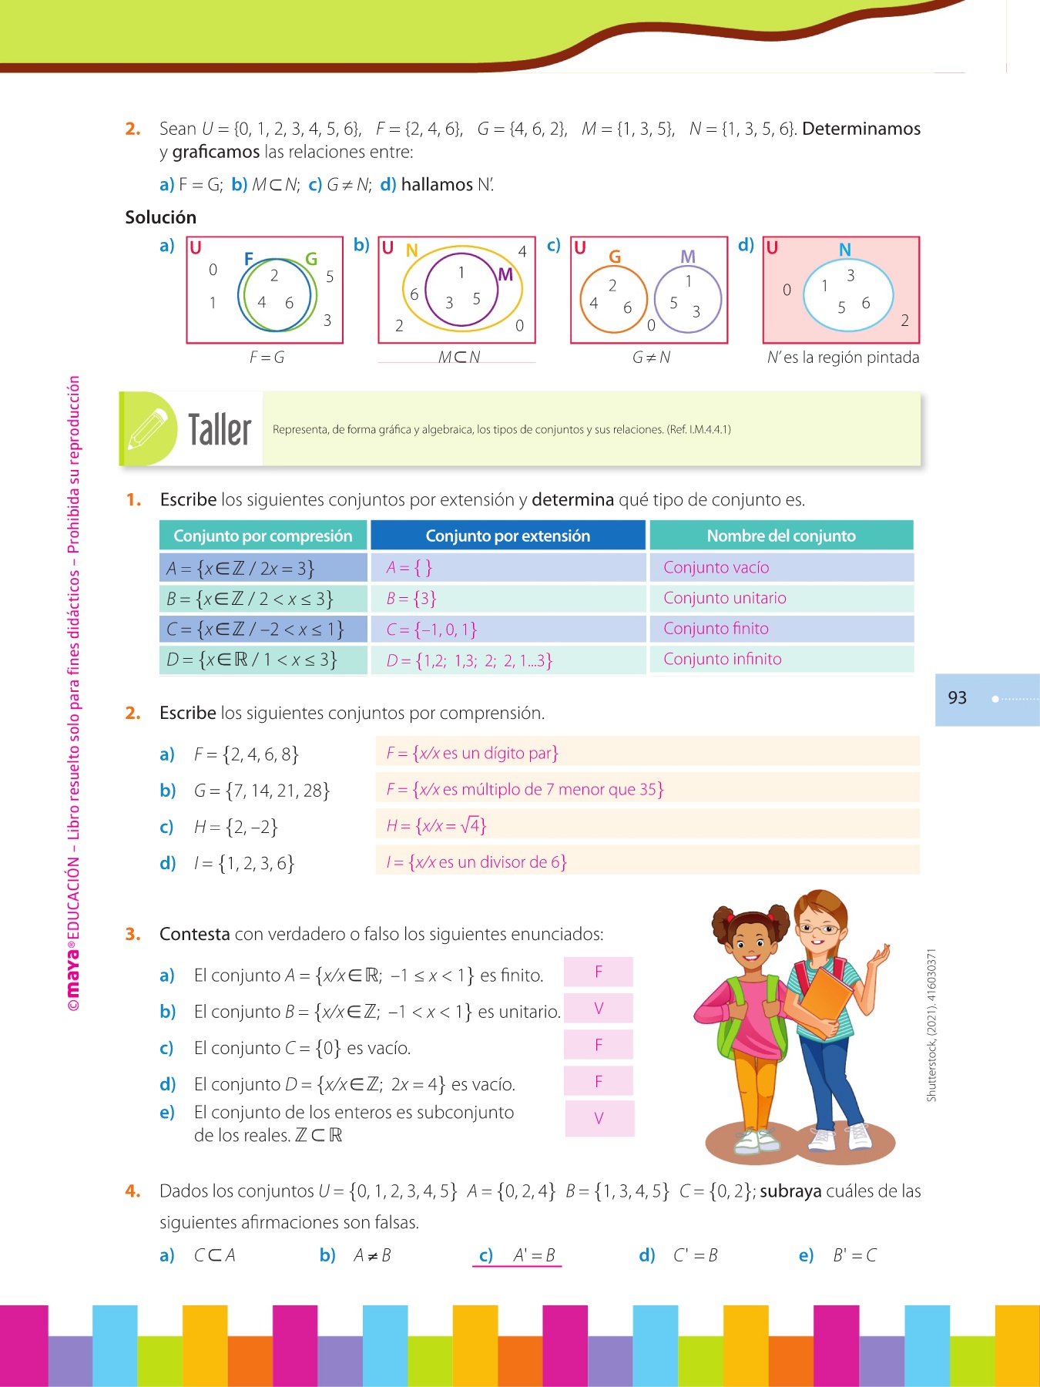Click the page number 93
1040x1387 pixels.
click(957, 698)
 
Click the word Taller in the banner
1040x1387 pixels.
click(220, 430)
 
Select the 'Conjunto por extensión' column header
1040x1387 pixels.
click(508, 536)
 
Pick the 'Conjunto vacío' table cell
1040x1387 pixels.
click(716, 568)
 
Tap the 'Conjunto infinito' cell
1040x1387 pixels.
click(722, 659)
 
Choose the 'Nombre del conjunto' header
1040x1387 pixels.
click(781, 536)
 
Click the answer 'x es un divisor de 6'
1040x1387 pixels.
click(477, 862)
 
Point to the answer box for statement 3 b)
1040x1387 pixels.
click(599, 1009)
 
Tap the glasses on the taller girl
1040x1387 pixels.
click(820, 929)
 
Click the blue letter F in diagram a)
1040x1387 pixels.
click(248, 259)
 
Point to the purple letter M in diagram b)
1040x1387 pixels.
click(505, 274)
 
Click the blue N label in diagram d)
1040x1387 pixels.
click(845, 250)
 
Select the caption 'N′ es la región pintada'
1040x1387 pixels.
click(843, 358)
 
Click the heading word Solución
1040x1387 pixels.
click(161, 217)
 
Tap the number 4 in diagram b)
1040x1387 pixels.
click(522, 251)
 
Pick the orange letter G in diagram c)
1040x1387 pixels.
click(615, 257)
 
